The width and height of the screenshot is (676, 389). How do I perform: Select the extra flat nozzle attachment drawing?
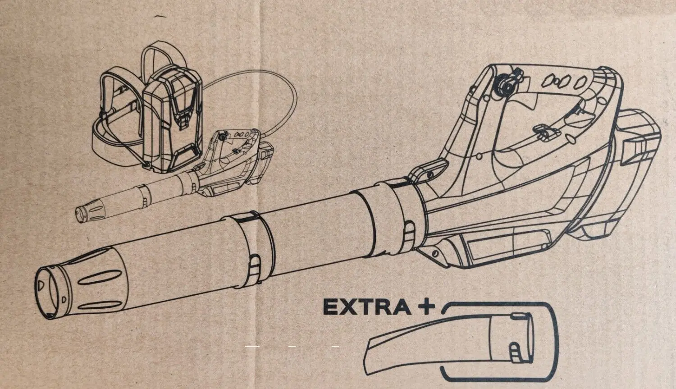coord(450,343)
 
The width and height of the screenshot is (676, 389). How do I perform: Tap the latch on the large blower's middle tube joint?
coord(255,269)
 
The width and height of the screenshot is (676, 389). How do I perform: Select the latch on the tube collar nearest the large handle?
coord(410,235)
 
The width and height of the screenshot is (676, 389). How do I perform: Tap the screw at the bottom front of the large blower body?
coord(435,253)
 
